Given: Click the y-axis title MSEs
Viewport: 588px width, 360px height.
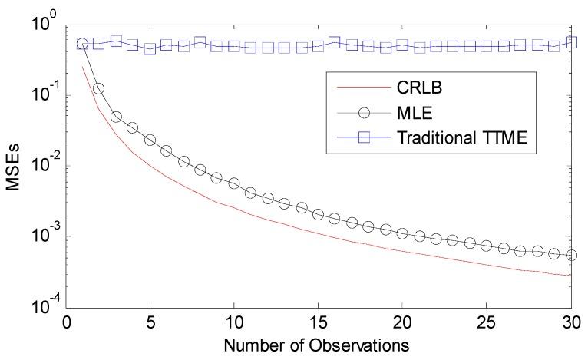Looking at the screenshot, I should point(13,164).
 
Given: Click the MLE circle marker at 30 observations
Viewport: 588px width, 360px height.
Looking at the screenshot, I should point(570,256).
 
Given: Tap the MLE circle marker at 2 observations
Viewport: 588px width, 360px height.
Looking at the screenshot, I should point(99,88).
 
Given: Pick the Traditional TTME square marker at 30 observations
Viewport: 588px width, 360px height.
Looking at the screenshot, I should point(570,42).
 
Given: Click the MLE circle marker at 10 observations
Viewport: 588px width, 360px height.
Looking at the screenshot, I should point(234,183).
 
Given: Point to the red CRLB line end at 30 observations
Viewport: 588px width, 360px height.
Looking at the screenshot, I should point(570,275).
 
